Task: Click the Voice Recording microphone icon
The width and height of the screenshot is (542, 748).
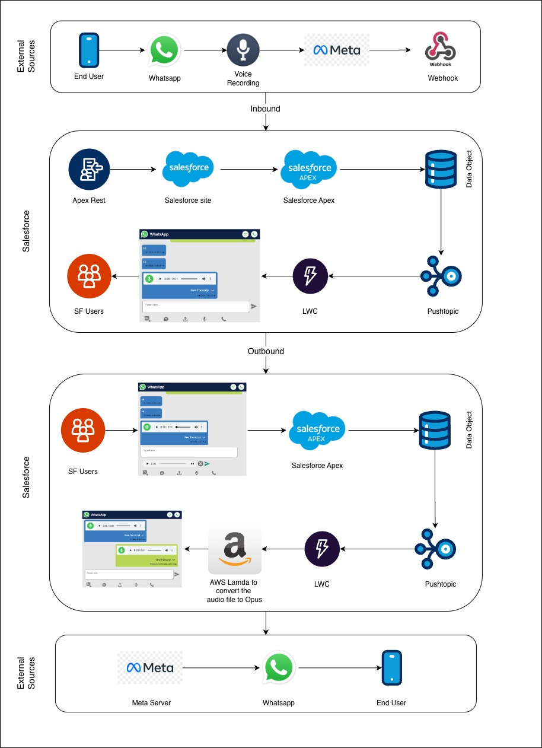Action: coord(243,50)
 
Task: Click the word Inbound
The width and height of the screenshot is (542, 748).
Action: coord(265,109)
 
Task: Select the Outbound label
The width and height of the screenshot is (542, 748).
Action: coord(266,351)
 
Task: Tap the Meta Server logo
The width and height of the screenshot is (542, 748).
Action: coord(150,668)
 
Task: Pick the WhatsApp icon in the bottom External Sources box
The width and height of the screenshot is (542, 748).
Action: coord(279,669)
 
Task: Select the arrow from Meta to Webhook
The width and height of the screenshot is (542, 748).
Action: coord(390,50)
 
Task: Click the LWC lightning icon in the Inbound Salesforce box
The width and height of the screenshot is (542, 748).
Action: coord(310,276)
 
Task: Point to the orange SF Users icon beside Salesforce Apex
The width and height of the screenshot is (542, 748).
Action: coord(83,430)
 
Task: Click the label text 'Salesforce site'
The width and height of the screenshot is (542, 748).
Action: coord(188,200)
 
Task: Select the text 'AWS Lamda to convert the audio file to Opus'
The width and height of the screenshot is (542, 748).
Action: coord(234,591)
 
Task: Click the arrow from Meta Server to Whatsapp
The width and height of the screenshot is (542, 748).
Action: coord(222,668)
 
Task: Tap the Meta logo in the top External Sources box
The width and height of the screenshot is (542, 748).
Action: coord(337,50)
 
